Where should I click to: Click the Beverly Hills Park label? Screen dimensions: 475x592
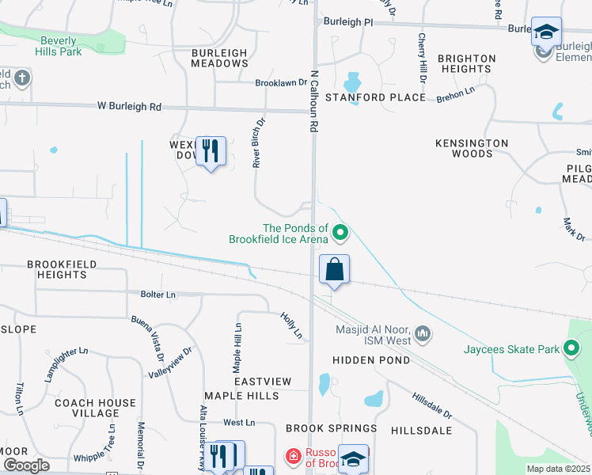coord(58,46)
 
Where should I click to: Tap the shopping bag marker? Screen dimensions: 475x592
coord(335,269)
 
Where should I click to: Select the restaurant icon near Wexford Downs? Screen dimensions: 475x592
coord(211,151)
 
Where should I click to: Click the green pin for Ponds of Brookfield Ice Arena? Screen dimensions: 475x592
coord(340,233)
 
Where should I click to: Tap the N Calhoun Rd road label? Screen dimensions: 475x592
coord(314,100)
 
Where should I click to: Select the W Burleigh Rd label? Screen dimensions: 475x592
coord(129,106)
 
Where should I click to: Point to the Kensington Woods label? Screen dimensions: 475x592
coord(472,148)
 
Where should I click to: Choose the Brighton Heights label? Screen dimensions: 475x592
coord(466,63)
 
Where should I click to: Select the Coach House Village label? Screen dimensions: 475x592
coord(96,408)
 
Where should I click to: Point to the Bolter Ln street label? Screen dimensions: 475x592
coord(158,294)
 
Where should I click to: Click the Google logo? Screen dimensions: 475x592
coord(26,465)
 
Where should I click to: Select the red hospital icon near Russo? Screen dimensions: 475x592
coord(293,456)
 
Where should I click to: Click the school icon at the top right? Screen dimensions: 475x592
coord(545,32)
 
